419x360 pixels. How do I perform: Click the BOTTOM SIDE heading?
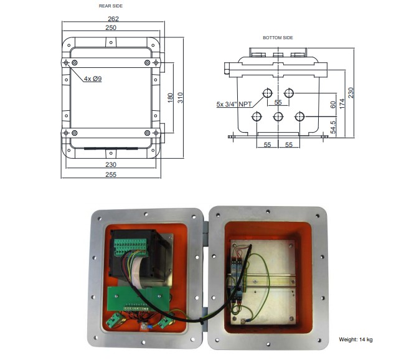click(x=278, y=37)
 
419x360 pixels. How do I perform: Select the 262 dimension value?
click(x=113, y=19)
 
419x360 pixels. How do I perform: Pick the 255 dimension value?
click(x=111, y=175)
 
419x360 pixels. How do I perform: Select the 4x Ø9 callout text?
click(x=93, y=78)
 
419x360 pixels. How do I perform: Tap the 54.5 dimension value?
click(x=334, y=126)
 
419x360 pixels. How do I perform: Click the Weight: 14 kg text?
click(x=355, y=339)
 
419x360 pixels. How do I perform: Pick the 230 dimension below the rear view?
click(x=111, y=164)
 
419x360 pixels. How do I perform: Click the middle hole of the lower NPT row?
click(x=278, y=117)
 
